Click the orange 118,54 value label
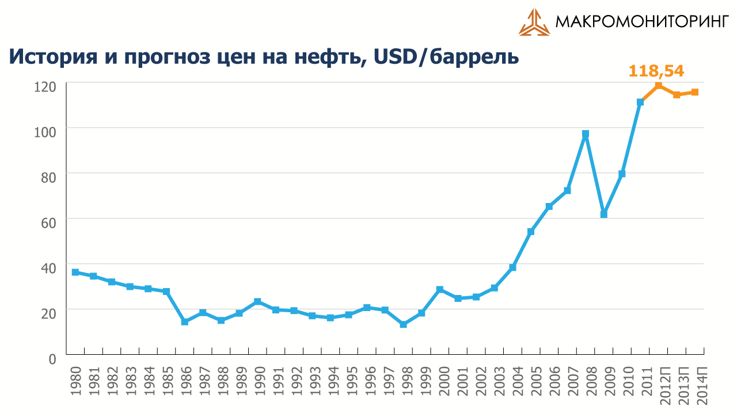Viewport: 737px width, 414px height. tap(656, 71)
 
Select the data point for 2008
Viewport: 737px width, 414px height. tap(586, 134)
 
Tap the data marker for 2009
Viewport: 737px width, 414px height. tap(604, 214)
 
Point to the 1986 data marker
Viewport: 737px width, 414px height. tap(185, 322)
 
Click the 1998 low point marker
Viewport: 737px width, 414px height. tap(404, 324)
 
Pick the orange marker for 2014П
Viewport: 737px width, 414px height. tap(695, 92)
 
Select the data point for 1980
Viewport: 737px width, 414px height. tap(75, 272)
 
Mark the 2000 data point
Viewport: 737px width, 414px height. tap(440, 289)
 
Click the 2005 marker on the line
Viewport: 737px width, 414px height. tap(531, 232)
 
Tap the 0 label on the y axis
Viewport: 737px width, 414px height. tap(52, 359)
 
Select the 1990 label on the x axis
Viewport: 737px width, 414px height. tap(257, 381)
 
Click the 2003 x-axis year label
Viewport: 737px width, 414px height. tap(494, 381)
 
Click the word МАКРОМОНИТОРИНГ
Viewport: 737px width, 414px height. tap(642, 22)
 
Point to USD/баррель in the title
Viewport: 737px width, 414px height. tap(446, 57)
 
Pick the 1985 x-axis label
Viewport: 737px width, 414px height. tap(166, 381)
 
